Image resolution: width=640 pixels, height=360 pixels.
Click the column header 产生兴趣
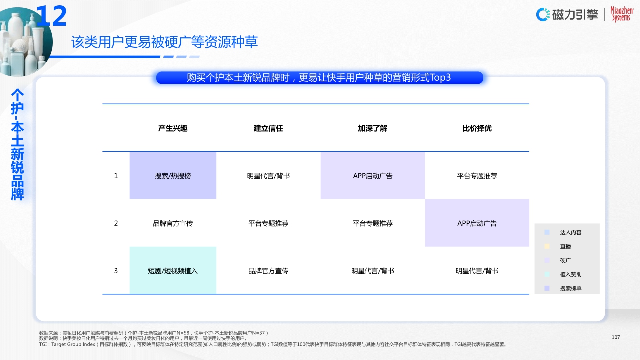pyautogui.click(x=173, y=128)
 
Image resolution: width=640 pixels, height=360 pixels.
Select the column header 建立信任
pyautogui.click(x=268, y=128)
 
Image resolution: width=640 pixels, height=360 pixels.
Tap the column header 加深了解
pyautogui.click(x=372, y=128)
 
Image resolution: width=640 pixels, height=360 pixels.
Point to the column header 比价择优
pyautogui.click(x=477, y=128)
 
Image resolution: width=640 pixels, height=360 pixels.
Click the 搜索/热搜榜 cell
pyautogui.click(x=173, y=176)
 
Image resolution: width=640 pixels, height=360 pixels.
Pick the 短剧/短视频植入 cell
pyautogui.click(x=173, y=271)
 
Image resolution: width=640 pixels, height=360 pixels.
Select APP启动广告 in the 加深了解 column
pyautogui.click(x=372, y=176)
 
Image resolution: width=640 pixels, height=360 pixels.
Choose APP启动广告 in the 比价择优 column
pyautogui.click(x=477, y=223)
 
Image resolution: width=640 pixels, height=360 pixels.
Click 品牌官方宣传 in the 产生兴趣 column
pyautogui.click(x=173, y=223)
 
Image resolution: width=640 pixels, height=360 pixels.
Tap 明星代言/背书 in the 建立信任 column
pyautogui.click(x=268, y=176)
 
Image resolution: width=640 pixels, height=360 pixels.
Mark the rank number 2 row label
pyautogui.click(x=116, y=223)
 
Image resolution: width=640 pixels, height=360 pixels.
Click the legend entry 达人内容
pyautogui.click(x=570, y=232)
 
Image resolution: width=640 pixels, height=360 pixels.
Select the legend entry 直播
pyautogui.click(x=565, y=246)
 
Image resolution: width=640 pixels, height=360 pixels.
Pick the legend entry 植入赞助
pyautogui.click(x=570, y=274)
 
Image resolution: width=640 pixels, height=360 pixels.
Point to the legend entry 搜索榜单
pyautogui.click(x=570, y=288)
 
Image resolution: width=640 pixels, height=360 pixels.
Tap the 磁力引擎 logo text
pyautogui.click(x=575, y=15)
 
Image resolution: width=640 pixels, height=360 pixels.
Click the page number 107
pyautogui.click(x=616, y=337)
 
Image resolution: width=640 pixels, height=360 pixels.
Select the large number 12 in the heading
pyautogui.click(x=51, y=17)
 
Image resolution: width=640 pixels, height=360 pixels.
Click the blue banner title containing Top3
pyautogui.click(x=319, y=78)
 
